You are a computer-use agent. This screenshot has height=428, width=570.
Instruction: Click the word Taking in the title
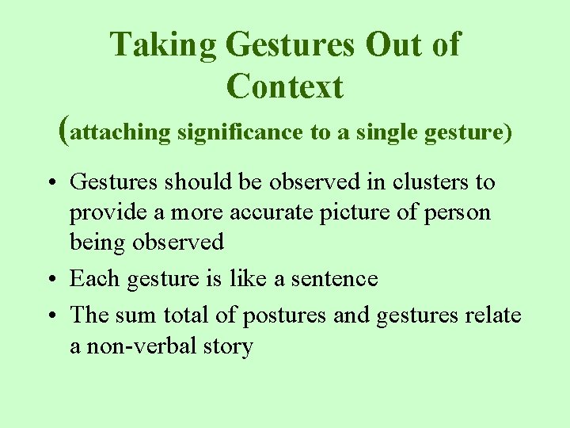click(163, 45)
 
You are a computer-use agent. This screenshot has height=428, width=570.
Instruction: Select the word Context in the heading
click(285, 86)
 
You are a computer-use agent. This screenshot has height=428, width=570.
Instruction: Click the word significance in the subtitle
click(240, 132)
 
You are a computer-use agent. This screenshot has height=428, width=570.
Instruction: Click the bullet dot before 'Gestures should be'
click(49, 183)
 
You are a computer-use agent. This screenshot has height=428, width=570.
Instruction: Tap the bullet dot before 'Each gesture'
click(49, 280)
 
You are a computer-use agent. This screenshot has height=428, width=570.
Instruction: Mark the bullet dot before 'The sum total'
click(49, 316)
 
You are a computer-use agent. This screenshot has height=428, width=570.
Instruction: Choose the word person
click(462, 212)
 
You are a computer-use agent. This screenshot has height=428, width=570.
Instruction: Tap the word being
click(96, 242)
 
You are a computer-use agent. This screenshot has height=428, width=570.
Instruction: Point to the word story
click(230, 346)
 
